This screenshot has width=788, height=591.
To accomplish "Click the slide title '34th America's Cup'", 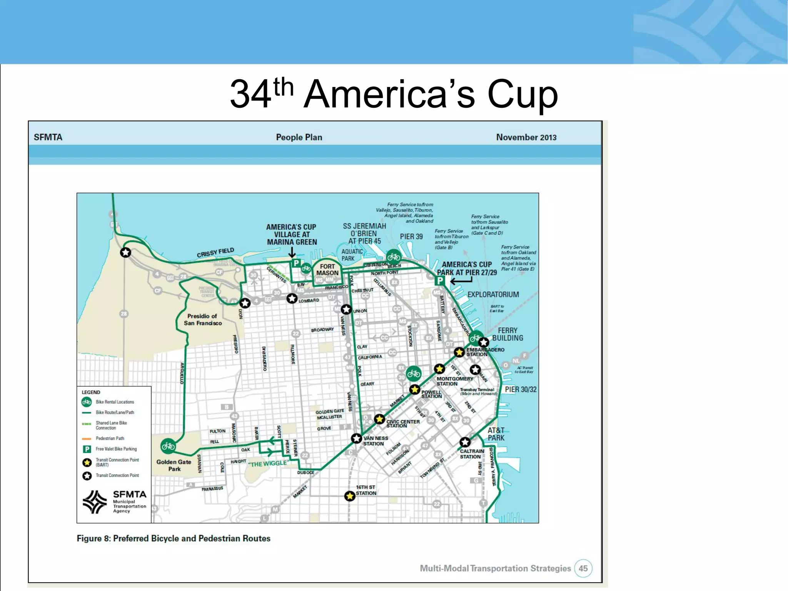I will [x=394, y=94].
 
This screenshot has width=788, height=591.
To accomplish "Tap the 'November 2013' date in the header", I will [x=526, y=137].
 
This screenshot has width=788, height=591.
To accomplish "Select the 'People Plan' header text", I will [x=299, y=137].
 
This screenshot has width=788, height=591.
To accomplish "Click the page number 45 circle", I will [x=583, y=568].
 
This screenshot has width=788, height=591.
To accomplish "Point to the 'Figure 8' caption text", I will [x=174, y=538].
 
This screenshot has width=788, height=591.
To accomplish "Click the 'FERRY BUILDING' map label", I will [x=508, y=334].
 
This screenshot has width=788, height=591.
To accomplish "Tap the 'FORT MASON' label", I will [x=327, y=269].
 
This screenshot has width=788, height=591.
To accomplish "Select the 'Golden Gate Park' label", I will [x=174, y=465].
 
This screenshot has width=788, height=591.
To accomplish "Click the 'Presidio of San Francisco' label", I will [x=202, y=319].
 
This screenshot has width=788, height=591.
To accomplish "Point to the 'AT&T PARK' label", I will [x=496, y=434].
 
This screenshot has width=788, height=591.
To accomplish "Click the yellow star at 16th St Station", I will [x=349, y=496].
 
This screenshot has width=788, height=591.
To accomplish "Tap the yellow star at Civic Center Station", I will [x=379, y=419].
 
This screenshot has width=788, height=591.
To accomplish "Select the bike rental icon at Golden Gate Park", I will [x=168, y=446].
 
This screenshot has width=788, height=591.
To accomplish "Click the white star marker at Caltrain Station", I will [x=465, y=442].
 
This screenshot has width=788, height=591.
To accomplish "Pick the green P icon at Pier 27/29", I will [x=440, y=280].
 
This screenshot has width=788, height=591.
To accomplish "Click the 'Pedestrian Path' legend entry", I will [x=110, y=438].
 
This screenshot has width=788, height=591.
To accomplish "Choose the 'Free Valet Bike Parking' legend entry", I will [x=116, y=449].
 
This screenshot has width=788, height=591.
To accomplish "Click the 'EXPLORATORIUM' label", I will [x=493, y=295].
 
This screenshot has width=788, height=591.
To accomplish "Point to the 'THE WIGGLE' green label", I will [x=268, y=464].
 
